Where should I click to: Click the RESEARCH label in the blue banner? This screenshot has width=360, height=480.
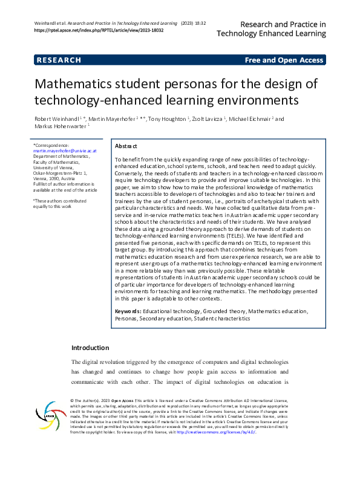59,60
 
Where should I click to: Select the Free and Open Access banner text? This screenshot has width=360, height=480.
284,60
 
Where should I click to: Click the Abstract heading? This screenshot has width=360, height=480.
126,146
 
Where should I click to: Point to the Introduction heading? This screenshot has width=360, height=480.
90,348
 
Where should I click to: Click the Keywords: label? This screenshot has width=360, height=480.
129,311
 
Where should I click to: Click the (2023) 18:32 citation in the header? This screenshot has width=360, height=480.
194,23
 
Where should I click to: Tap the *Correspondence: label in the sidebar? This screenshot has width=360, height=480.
51,146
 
